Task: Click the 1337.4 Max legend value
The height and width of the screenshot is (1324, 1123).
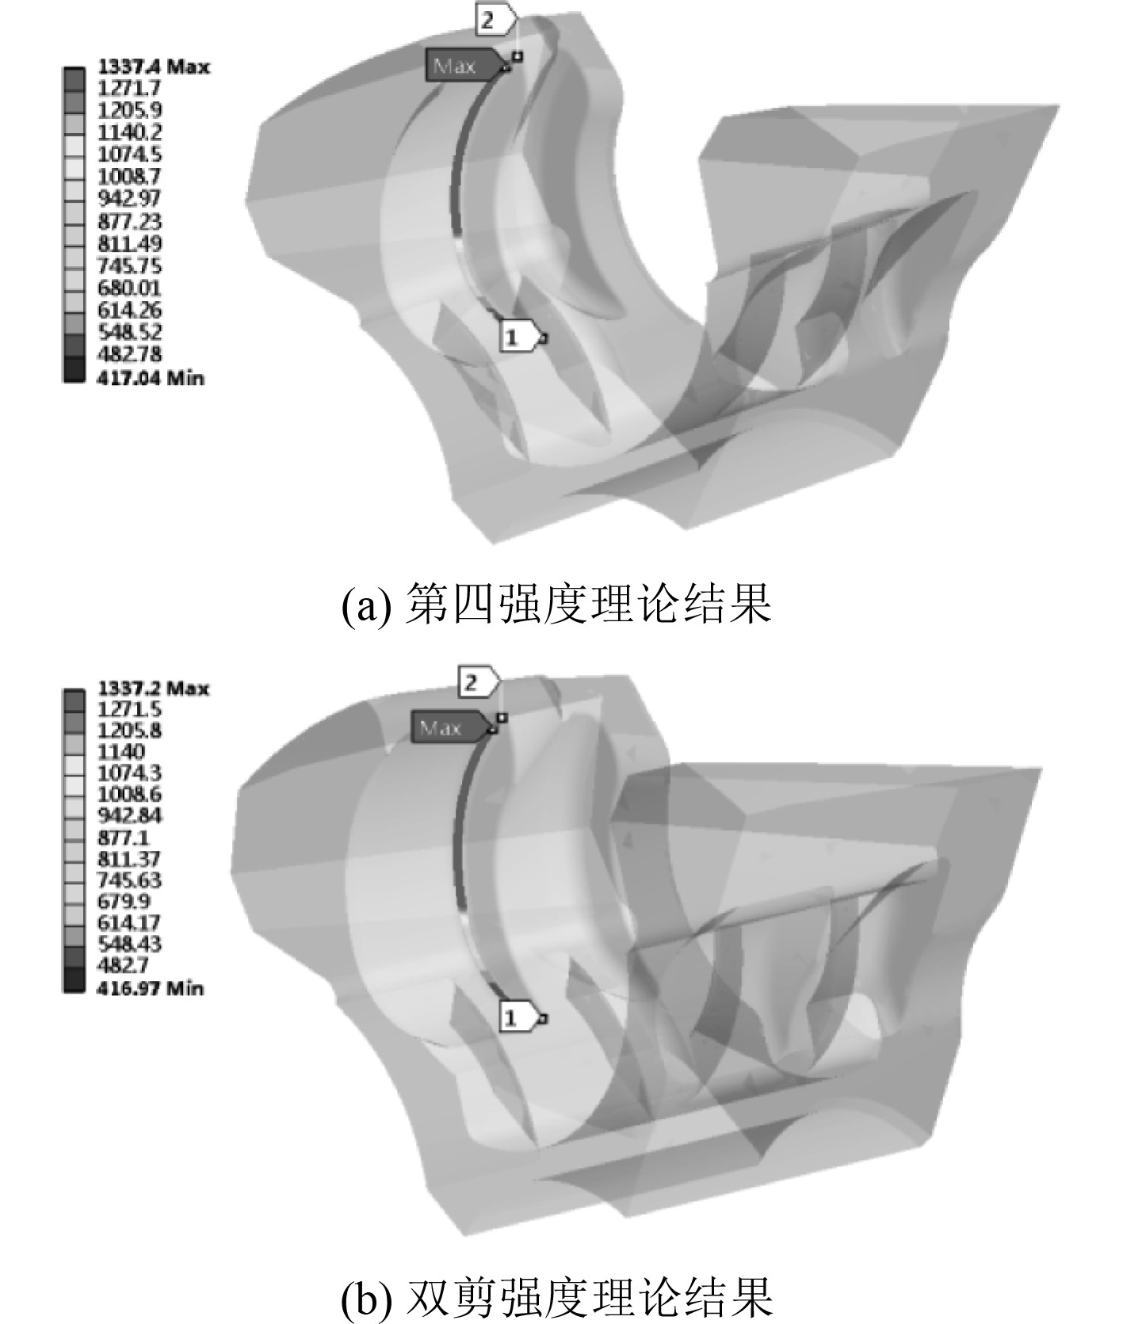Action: (153, 67)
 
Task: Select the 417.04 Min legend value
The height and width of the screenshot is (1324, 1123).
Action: (150, 378)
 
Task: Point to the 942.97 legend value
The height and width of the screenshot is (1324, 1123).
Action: (128, 198)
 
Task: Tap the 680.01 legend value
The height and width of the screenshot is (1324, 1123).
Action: (128, 288)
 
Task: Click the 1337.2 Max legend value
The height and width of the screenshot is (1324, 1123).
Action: (153, 688)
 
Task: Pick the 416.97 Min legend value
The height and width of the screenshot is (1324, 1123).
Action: (150, 988)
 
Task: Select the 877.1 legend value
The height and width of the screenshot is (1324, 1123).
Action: (123, 838)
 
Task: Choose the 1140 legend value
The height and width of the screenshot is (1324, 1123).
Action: (120, 751)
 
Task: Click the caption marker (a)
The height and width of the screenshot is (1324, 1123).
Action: (365, 606)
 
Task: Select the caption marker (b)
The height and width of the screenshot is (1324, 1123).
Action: (365, 1298)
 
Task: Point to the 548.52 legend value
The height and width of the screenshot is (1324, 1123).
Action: (128, 332)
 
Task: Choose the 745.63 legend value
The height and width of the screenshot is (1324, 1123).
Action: (128, 879)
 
